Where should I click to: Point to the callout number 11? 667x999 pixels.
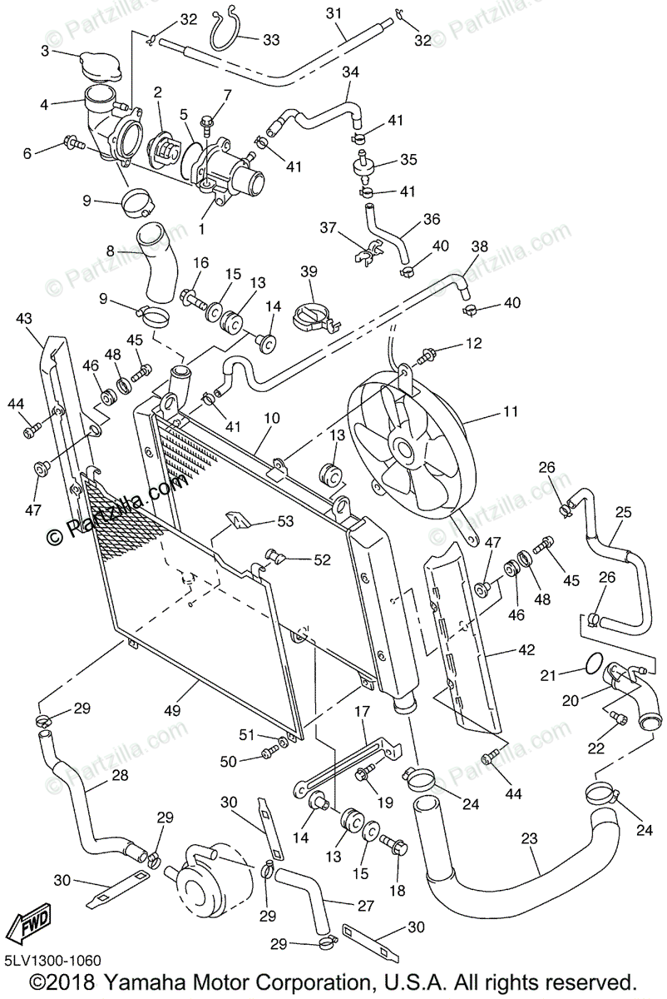point(510,411)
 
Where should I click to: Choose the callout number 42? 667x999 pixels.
point(526,649)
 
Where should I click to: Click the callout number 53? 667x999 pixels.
point(285,522)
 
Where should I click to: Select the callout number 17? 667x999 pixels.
point(361,712)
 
